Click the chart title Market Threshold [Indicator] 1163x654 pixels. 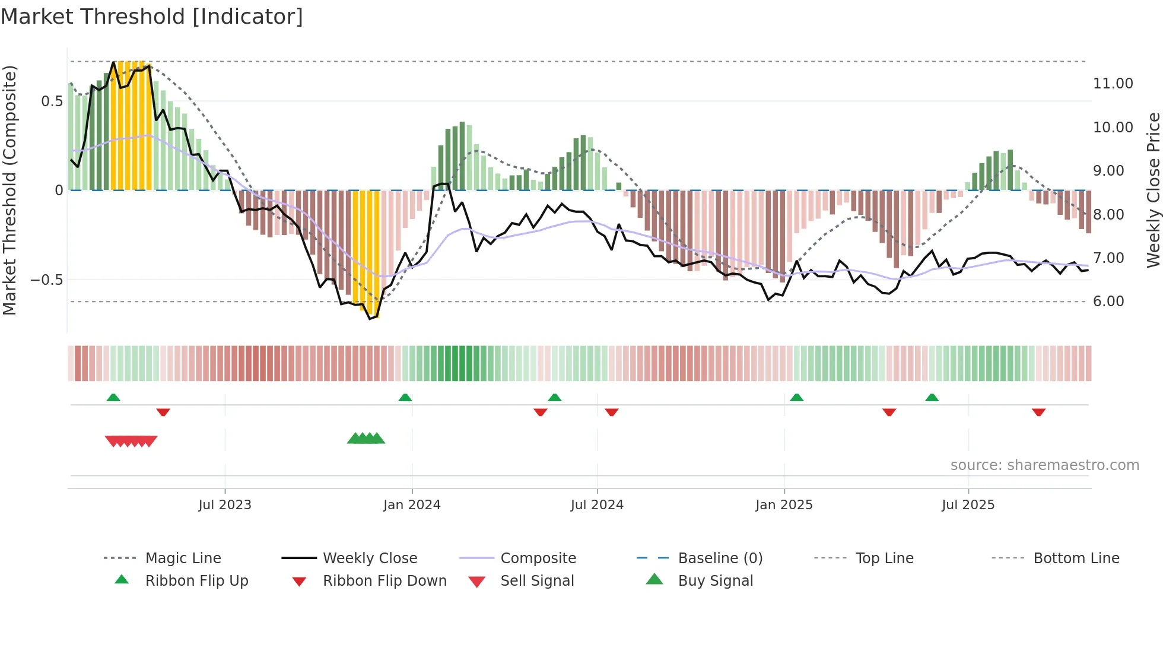pos(152,17)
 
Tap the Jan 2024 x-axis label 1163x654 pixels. pos(412,505)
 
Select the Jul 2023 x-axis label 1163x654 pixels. pos(225,505)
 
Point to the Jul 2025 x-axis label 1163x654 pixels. pos(968,505)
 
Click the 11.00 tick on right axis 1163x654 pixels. pos(1113,84)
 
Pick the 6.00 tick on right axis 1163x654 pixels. pos(1108,301)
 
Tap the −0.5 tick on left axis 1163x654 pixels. pos(47,280)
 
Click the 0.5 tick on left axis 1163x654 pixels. pos(52,101)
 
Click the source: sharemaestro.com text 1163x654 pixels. pos(1044,465)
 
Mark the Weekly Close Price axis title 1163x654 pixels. pos(1153,190)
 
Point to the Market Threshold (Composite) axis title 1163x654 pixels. pos(9,190)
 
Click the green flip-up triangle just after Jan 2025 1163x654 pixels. pos(796,398)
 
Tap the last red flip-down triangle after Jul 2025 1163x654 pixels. pos(1038,412)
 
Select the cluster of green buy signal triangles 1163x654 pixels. pos(366,439)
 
